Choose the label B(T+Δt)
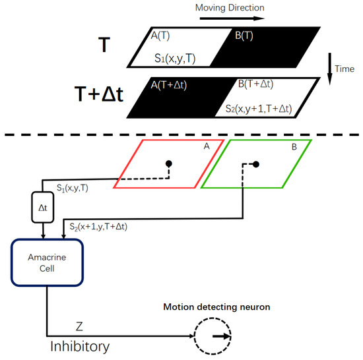[x=261, y=85]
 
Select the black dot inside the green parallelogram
[x=256, y=163]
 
